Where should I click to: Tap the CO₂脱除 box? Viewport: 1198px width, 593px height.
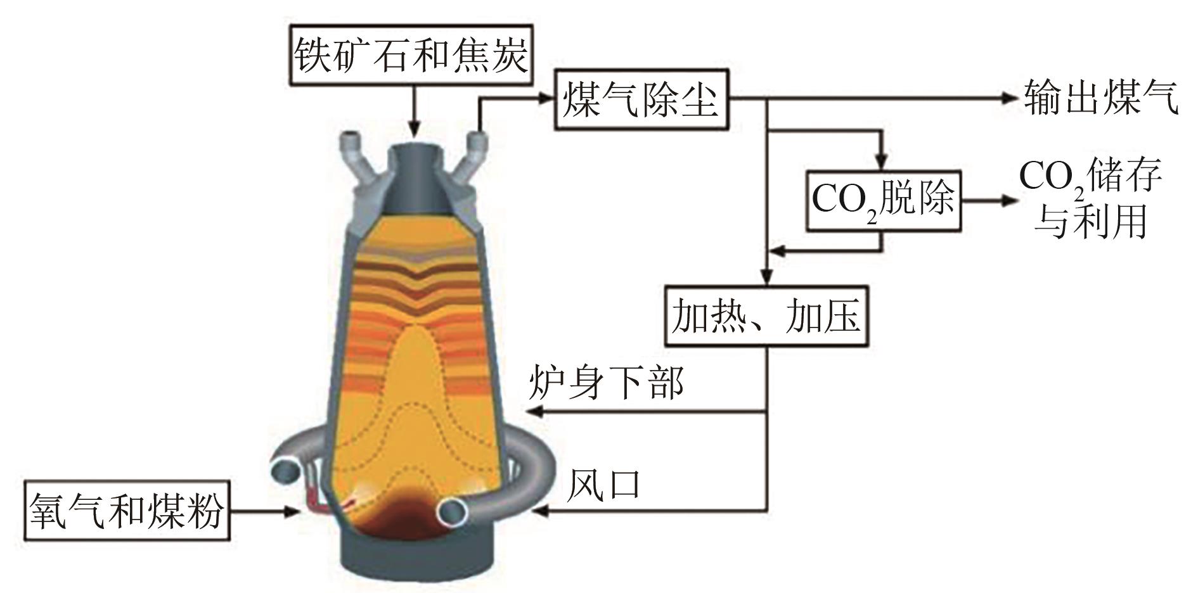[883, 200]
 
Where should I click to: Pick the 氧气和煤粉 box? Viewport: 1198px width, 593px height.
[126, 511]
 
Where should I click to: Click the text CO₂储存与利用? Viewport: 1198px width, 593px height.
[1090, 199]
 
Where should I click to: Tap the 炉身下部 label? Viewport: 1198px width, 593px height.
[607, 383]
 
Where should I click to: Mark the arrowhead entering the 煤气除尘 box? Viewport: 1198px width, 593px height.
[546, 98]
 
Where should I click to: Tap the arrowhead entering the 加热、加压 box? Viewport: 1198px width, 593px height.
[767, 278]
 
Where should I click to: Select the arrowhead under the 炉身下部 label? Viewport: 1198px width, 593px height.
[534, 412]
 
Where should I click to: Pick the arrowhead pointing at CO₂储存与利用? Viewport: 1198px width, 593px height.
[1008, 200]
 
